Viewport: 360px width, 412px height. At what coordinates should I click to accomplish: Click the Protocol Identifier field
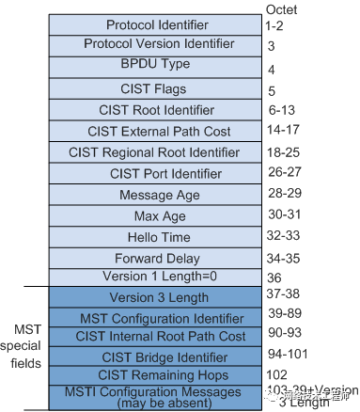171,24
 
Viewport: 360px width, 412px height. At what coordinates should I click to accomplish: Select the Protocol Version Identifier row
171,44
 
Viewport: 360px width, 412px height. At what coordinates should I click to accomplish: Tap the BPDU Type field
171,65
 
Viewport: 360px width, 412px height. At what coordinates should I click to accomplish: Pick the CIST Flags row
171,89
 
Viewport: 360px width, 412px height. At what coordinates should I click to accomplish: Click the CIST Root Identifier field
171,110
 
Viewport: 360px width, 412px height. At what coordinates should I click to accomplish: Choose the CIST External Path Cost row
171,131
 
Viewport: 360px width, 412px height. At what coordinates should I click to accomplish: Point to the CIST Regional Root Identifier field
171,151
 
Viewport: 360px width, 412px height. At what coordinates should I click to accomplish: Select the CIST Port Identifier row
171,173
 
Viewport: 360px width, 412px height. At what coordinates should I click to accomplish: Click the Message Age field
171,195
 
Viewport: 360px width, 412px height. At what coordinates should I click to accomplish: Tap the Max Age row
171,215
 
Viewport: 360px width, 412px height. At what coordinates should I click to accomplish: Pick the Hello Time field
171,237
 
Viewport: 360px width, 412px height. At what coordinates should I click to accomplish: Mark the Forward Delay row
171,258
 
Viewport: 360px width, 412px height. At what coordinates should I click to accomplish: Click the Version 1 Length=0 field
171,277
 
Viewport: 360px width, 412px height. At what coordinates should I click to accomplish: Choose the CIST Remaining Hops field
171,374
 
